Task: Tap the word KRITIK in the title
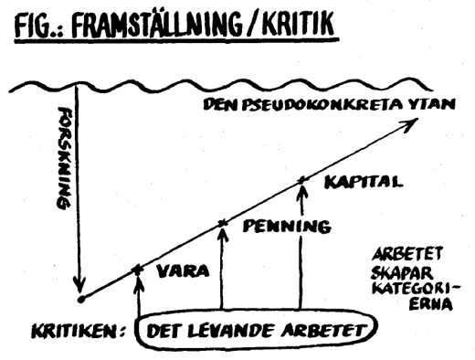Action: point(299,24)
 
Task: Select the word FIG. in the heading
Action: point(37,26)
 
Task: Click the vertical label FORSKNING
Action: point(63,158)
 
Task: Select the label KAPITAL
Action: point(364,183)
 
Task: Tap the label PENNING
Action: point(287,227)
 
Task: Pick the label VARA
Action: point(183,270)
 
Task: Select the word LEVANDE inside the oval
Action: point(230,331)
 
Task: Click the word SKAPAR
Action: point(402,273)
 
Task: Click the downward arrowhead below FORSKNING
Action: point(79,284)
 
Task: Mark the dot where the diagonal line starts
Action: point(81,300)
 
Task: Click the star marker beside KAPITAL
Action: point(301,180)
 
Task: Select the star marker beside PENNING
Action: point(223,224)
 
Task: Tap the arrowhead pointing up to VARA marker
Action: point(138,282)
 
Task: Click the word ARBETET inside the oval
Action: point(322,331)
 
